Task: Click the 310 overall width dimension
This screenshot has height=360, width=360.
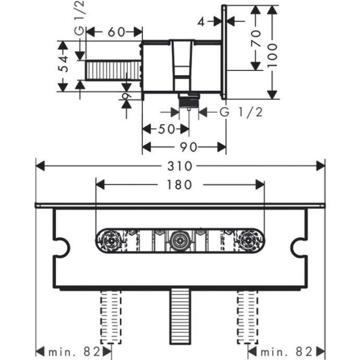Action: [180, 166]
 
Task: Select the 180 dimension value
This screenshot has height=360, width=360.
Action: [180, 185]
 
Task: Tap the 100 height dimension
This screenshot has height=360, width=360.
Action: [273, 51]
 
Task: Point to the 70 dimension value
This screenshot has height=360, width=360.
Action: [255, 38]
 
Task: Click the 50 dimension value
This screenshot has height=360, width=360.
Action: [166, 129]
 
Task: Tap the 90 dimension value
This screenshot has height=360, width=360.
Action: [189, 148]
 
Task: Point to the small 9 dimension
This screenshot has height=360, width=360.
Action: [126, 95]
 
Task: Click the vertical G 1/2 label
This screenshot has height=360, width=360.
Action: [78, 18]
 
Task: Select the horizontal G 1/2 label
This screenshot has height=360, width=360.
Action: [241, 112]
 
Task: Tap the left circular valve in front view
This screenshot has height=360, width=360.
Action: [110, 241]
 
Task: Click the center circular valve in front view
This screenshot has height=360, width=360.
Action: [179, 241]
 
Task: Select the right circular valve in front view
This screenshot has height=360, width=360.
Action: [249, 241]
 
